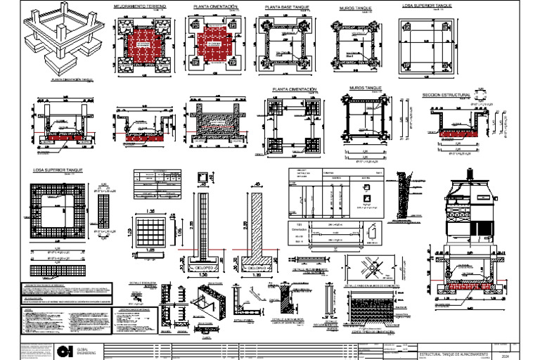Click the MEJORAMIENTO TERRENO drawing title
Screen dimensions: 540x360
tap(140, 6)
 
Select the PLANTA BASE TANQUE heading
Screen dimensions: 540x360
tap(287, 6)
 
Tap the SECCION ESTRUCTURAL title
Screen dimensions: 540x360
tap(446, 94)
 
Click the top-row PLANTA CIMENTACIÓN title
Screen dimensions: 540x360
tap(215, 6)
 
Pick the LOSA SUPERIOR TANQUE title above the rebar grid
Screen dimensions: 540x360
tap(59, 170)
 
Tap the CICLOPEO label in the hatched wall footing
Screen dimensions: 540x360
tap(257, 268)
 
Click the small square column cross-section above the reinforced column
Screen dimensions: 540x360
tap(203, 176)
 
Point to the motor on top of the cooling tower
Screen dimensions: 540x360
tap(471, 172)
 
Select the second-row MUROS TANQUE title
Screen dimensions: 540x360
tap(366, 89)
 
